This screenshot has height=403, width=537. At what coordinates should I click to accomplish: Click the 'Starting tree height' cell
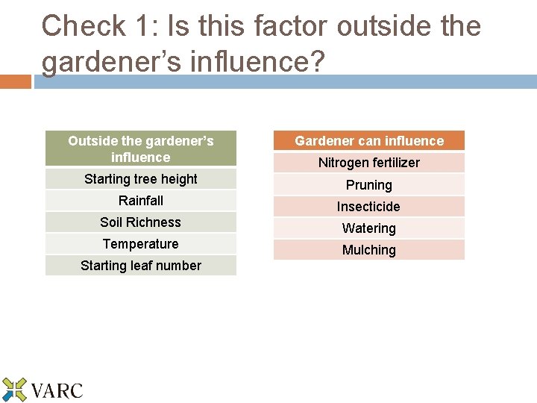click(141, 179)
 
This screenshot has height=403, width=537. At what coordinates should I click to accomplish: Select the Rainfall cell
click(141, 201)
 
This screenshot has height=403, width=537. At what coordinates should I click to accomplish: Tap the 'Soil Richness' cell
click(141, 222)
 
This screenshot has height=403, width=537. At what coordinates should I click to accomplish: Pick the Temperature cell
click(141, 244)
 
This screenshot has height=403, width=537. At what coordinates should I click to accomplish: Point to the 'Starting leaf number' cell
click(141, 266)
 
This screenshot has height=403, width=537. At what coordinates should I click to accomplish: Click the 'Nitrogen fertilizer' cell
click(368, 163)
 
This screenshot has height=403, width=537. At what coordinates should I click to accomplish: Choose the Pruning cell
click(368, 185)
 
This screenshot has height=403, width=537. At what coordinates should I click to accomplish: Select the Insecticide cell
click(368, 207)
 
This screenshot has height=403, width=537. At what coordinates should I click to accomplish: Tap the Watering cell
click(368, 228)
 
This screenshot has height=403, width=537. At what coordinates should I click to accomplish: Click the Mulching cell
click(368, 250)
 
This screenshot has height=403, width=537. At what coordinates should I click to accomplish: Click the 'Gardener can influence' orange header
click(368, 141)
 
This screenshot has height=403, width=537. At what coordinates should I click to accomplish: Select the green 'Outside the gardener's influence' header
click(141, 149)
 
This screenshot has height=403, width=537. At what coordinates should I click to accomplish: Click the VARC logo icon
click(13, 390)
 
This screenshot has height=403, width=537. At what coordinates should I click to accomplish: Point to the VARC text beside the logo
click(57, 390)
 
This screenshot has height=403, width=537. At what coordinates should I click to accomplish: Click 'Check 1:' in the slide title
click(84, 26)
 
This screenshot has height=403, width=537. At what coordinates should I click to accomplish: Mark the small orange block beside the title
click(15, 81)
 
